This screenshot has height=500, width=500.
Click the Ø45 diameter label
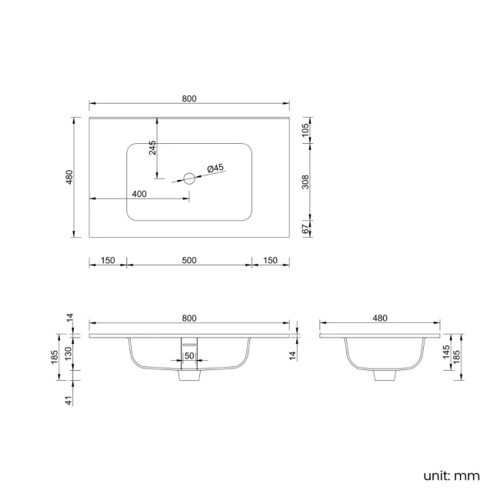coord(215,168)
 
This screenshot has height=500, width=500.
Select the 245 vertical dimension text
coord(152,148)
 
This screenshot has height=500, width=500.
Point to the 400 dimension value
coord(139,194)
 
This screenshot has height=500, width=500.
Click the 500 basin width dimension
coord(189,260)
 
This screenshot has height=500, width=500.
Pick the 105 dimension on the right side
coord(305,130)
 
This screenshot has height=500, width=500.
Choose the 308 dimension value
coord(305,182)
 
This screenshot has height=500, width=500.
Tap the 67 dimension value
coord(305,229)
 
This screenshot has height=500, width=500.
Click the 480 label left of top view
coord(69,177)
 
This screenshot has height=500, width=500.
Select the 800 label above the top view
coord(189,98)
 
